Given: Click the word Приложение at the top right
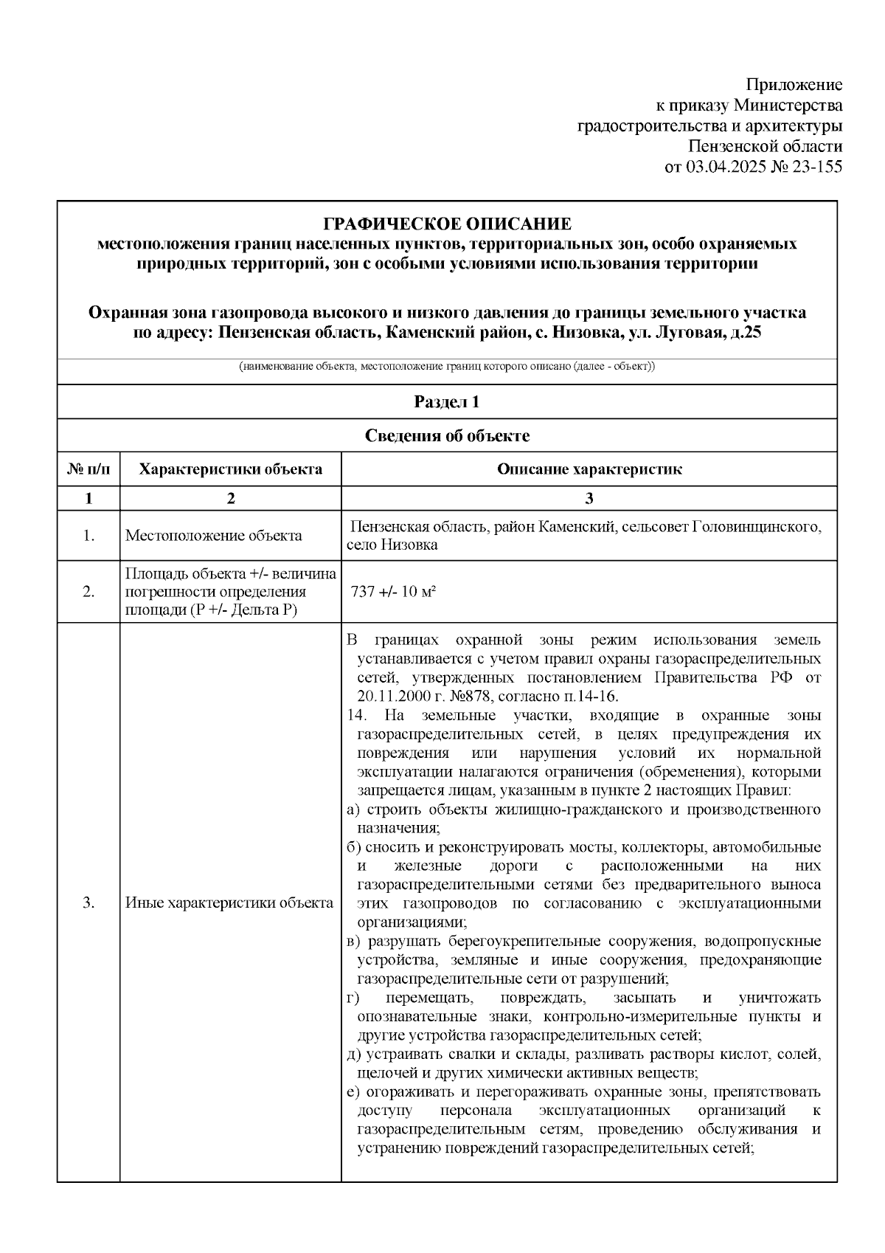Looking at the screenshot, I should coord(794,83).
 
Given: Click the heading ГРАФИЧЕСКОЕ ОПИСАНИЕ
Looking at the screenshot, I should coord(448,224).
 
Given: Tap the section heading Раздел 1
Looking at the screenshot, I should coord(447,402).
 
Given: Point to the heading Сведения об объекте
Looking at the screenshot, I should coord(447,436).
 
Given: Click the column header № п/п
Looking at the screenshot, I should coord(88,469).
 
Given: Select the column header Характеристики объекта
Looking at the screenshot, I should coord(230,469).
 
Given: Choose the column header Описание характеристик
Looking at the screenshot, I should coord(589,469).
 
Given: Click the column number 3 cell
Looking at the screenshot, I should coord(589,499).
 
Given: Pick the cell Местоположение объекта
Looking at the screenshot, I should coord(213,536).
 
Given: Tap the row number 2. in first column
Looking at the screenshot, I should coord(88,593).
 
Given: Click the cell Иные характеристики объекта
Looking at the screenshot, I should coord(229,902).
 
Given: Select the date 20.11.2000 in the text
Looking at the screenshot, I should coord(389,697).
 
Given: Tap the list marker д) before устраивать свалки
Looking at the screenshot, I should coord(353,1054).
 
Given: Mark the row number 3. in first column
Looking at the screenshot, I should coord(88,902).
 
